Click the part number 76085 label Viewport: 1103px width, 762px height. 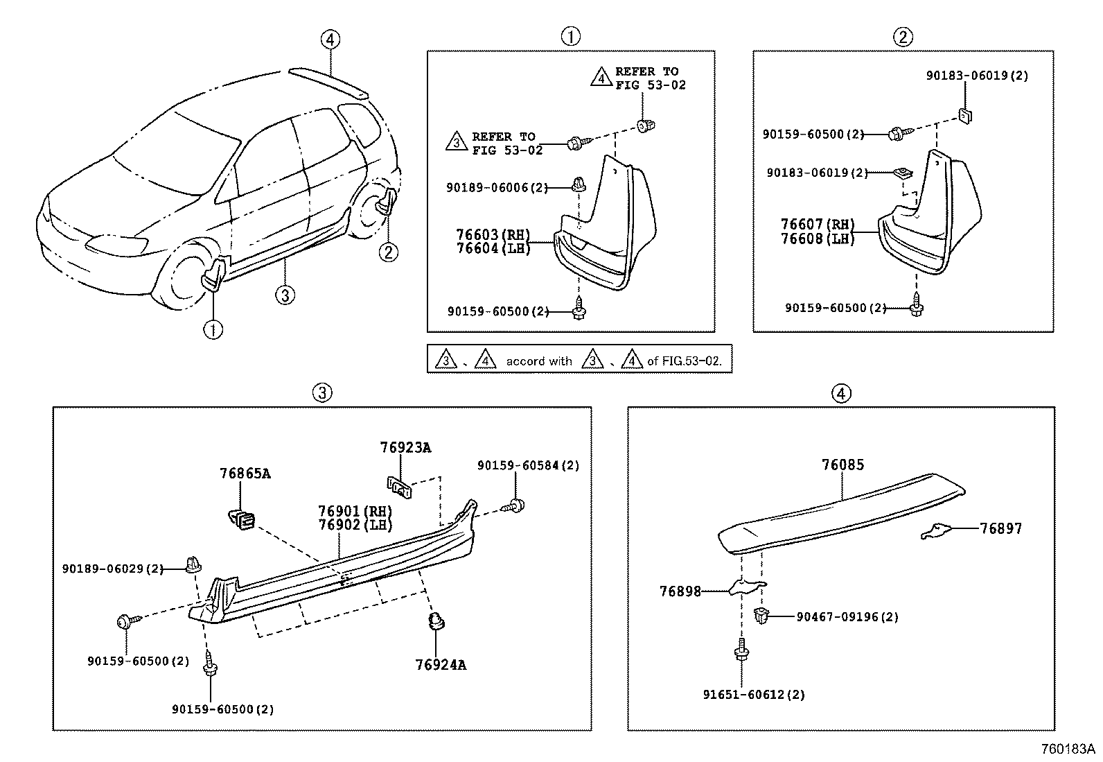point(842,465)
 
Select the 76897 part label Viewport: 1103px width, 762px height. point(1000,529)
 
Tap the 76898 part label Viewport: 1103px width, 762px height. point(680,591)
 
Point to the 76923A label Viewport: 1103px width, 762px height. point(405,448)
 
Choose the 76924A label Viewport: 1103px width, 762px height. point(440,665)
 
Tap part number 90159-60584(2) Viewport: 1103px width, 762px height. point(528,466)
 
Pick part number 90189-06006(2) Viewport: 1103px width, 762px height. point(497,187)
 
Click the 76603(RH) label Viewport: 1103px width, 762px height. point(493,234)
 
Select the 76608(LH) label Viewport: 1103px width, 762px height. point(817,239)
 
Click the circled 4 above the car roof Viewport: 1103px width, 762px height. point(330,40)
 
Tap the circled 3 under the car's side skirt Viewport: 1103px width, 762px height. point(284,295)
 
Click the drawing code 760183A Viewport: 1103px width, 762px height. point(1068,749)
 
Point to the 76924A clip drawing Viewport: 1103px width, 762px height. point(436,622)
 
